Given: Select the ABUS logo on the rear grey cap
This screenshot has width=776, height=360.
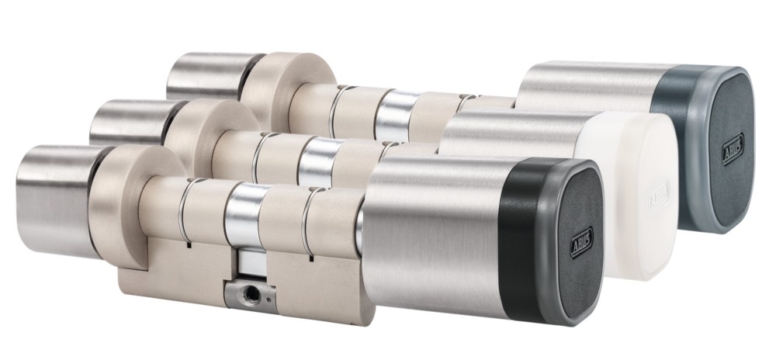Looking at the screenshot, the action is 733,148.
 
